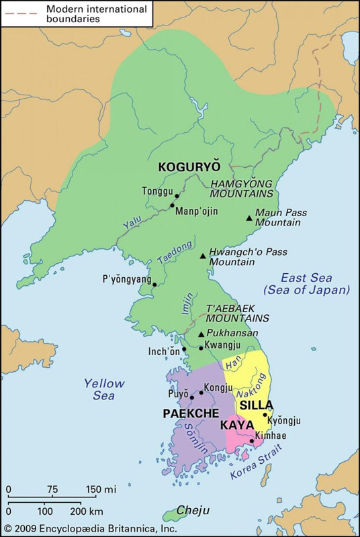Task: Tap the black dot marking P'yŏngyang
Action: point(154,285)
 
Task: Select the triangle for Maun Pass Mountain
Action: point(249,217)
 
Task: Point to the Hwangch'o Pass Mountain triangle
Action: point(203,256)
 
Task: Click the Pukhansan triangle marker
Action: point(201,334)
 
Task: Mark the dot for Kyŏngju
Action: point(265,415)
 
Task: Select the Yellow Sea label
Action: point(104,389)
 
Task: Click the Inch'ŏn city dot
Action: point(185,349)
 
